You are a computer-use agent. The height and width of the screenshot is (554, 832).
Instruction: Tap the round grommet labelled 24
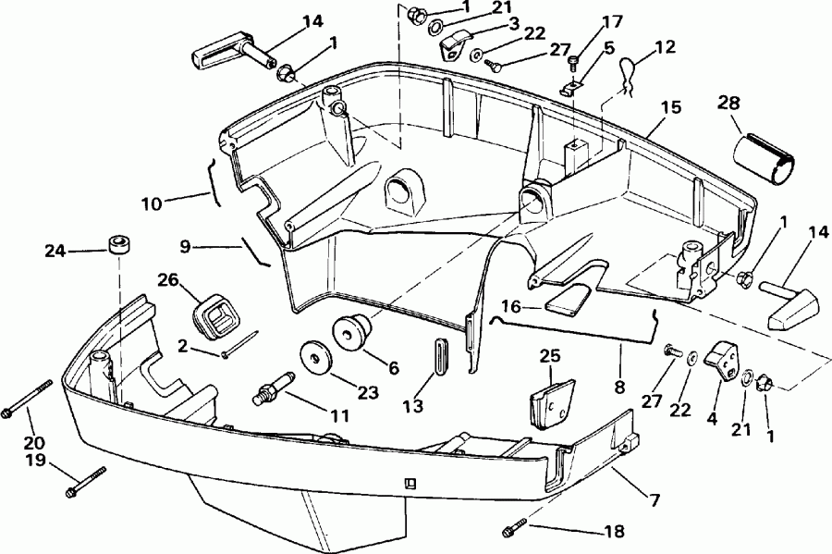[119, 249]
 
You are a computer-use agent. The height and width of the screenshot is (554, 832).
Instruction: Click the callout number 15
[671, 107]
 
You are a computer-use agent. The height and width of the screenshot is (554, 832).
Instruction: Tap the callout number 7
[654, 500]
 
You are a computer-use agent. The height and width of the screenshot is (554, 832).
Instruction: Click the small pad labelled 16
[565, 301]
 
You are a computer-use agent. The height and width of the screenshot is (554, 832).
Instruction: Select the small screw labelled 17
[572, 61]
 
